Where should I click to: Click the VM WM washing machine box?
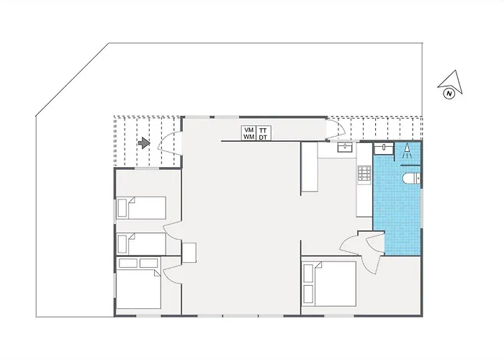point(249,133)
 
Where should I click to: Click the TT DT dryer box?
point(264,133)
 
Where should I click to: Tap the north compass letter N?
point(449,94)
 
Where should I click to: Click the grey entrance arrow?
point(144,143)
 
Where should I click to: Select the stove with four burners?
point(364,173)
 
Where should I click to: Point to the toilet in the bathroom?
point(411,178)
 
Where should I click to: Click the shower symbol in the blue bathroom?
point(407,150)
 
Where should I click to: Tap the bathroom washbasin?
point(384,148)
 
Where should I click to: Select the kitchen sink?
point(345,148)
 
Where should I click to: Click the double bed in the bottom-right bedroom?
point(329,284)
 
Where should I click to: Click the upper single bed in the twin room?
point(141,208)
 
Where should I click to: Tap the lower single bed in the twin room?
point(141,244)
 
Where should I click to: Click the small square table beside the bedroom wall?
point(189,253)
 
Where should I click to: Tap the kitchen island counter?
point(310,167)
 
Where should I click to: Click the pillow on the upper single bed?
point(122,208)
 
